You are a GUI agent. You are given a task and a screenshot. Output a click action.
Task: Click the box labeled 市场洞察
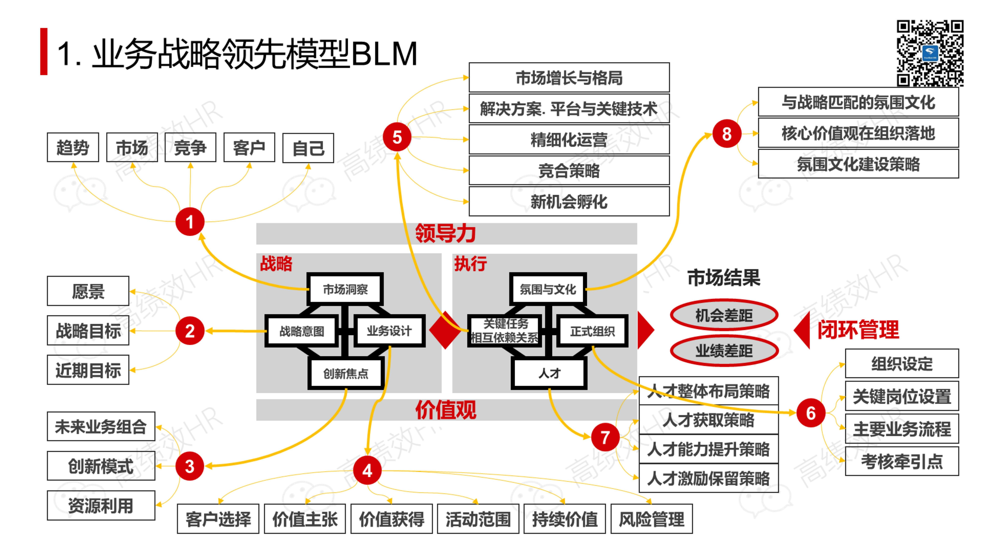[345, 289]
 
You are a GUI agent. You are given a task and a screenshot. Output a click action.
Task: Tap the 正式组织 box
[592, 331]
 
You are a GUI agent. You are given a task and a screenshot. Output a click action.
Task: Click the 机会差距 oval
[724, 315]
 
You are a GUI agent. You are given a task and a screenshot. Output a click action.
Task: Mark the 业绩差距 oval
[724, 350]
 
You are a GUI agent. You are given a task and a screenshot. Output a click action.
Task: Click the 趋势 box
[73, 147]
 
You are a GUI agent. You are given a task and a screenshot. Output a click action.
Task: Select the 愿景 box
[88, 291]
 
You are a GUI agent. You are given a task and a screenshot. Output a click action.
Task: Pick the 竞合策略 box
[569, 170]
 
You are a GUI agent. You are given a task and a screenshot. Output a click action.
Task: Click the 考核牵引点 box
[902, 461]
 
